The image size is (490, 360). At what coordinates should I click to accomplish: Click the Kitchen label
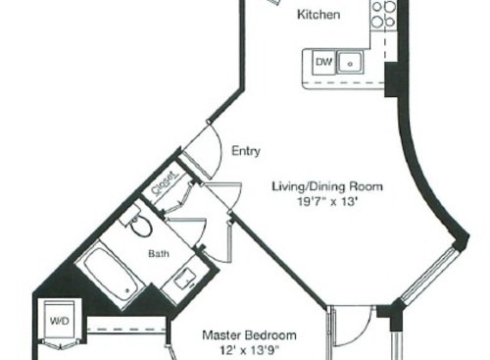(318, 15)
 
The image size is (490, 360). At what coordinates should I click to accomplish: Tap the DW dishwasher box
(324, 64)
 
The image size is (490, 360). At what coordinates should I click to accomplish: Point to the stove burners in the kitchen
(383, 14)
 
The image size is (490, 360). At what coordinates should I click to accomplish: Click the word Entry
(245, 151)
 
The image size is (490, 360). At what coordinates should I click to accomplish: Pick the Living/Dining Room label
(327, 186)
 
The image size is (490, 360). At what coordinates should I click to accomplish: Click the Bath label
(159, 254)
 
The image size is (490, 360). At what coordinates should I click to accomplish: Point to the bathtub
(109, 275)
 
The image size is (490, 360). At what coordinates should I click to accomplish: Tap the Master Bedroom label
(249, 334)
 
